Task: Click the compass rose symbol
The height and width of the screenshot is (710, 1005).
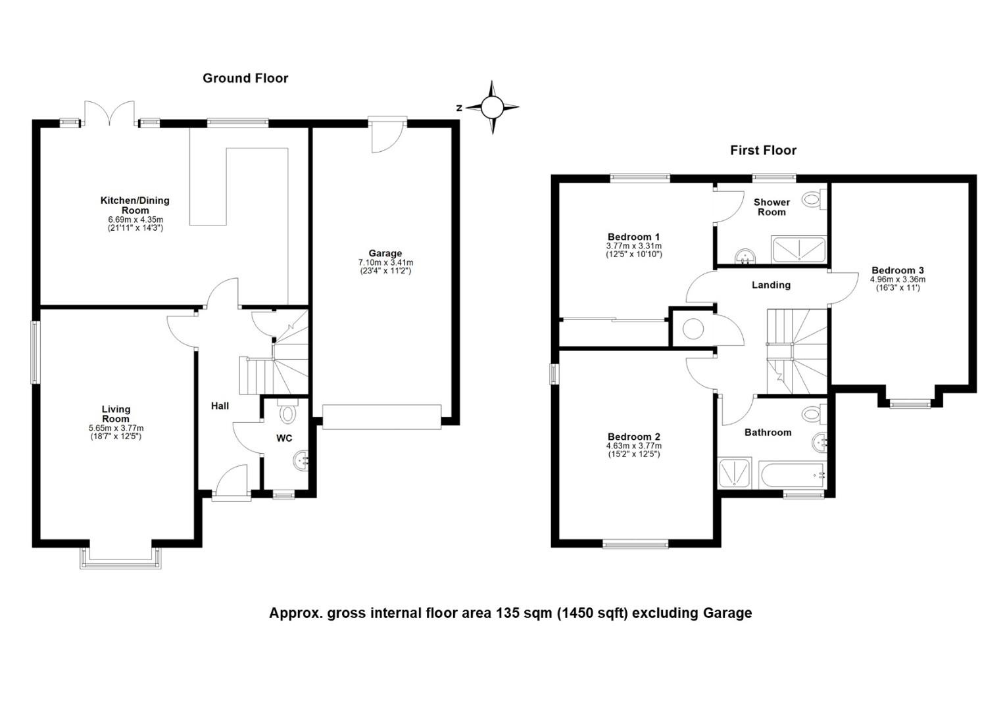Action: [492, 107]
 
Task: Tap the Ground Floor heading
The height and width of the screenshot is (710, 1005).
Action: [245, 78]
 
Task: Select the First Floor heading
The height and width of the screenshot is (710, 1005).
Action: [763, 151]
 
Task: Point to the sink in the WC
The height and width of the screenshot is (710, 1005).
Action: [301, 460]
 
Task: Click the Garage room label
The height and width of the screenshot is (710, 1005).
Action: [385, 253]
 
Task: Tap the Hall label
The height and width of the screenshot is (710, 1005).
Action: [220, 406]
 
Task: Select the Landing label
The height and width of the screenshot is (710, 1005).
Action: [772, 285]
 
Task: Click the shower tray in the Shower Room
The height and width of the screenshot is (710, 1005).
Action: [799, 249]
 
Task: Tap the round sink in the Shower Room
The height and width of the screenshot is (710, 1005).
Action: [746, 256]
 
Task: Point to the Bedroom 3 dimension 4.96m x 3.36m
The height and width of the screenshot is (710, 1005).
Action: [898, 279]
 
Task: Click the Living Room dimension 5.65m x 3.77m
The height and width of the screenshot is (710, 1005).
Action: [116, 428]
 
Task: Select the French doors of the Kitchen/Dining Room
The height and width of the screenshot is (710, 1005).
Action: [109, 114]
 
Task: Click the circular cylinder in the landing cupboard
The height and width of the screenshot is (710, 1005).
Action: [693, 329]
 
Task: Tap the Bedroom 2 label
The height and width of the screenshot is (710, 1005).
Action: [634, 437]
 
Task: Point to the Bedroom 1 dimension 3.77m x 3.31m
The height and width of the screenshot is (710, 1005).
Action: [634, 246]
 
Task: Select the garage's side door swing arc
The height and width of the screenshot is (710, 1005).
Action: [389, 141]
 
